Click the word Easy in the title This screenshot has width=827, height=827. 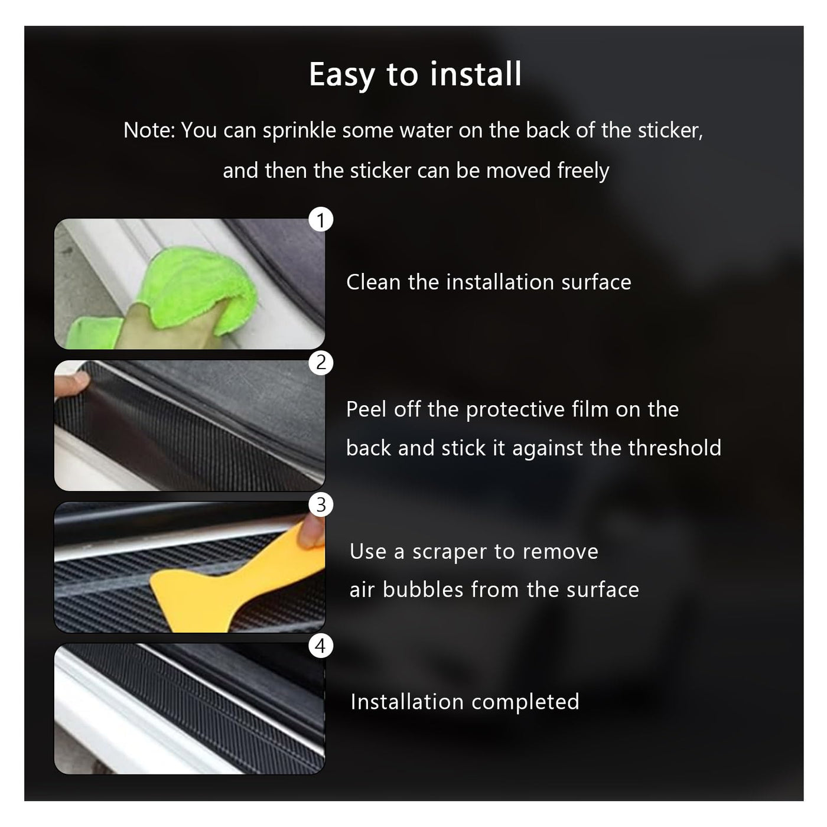(342, 75)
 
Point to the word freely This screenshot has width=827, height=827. (583, 171)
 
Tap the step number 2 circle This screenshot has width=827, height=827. (321, 363)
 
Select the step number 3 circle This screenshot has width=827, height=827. (321, 504)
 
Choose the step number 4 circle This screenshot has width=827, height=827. (321, 646)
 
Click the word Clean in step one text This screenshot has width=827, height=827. (373, 282)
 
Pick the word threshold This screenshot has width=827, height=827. (675, 448)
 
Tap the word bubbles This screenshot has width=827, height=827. (423, 590)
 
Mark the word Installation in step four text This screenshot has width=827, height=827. (407, 702)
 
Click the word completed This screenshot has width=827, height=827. (525, 702)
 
